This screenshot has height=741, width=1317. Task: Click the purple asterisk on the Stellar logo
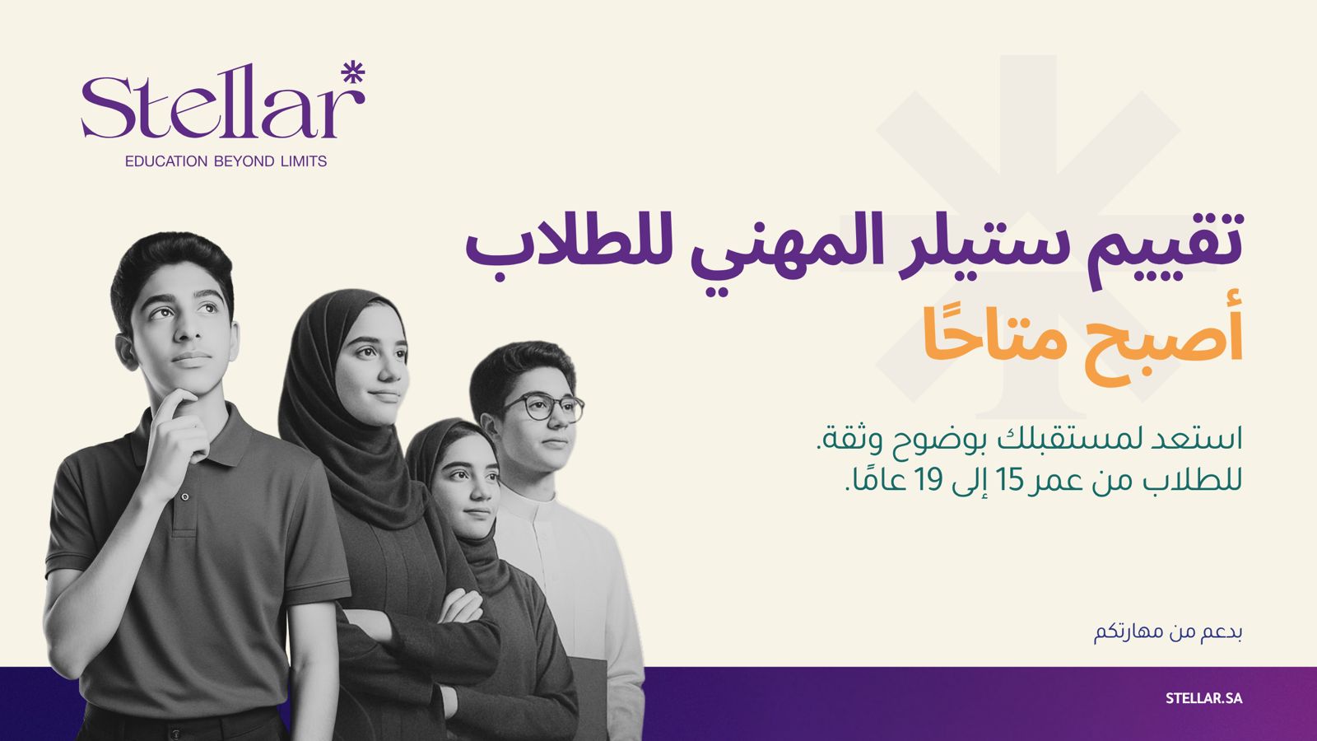(x=353, y=73)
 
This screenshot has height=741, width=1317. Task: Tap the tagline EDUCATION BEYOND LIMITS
(x=226, y=161)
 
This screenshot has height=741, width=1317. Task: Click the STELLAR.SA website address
(x=1204, y=699)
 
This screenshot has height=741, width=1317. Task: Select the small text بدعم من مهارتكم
(x=1168, y=633)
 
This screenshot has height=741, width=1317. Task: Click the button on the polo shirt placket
(x=185, y=497)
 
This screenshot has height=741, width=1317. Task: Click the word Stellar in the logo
(x=215, y=103)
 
